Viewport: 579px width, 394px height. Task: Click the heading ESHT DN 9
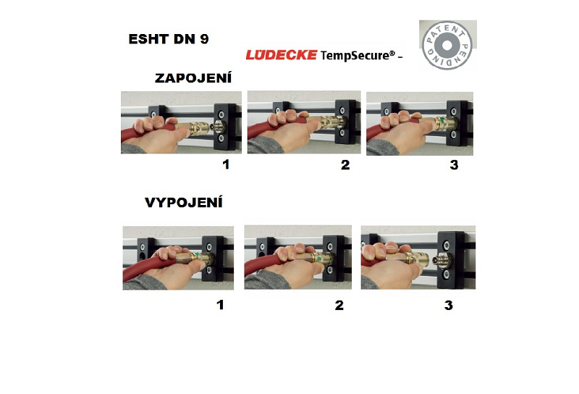pos(169,39)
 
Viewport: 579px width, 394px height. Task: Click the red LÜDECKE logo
pos(282,55)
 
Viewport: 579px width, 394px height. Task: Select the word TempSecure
pos(355,56)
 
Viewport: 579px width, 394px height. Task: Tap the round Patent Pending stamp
pos(447,45)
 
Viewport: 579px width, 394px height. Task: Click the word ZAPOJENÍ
pos(193,78)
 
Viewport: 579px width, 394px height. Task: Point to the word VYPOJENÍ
pos(184,203)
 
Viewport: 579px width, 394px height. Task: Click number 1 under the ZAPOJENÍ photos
pos(226,164)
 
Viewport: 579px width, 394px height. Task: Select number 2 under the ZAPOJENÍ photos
pos(345,164)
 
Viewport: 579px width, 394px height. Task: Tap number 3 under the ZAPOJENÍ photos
pos(455,164)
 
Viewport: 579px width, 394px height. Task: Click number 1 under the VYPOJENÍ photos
pos(220,305)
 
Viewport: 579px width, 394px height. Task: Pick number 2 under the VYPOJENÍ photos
pos(339,305)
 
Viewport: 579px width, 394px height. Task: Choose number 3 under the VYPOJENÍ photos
pos(448,305)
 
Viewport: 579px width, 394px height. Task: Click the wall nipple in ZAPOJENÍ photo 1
pos(218,127)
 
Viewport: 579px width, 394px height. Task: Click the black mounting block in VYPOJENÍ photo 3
pos(450,260)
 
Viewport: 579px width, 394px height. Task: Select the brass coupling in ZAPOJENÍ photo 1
pos(193,128)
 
